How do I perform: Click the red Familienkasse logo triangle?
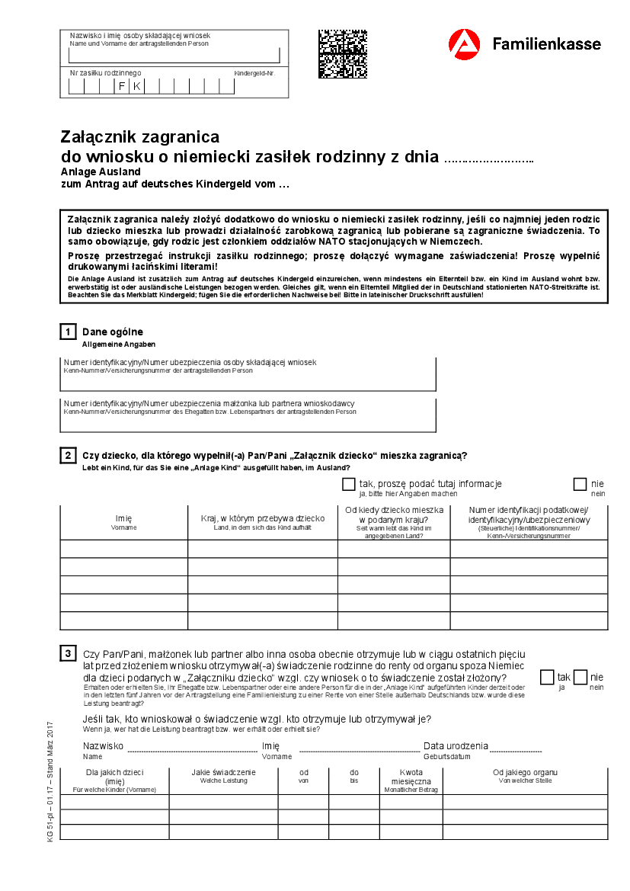pyautogui.click(x=464, y=45)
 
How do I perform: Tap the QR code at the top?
pyautogui.click(x=342, y=54)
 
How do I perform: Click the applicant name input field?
pyautogui.click(x=174, y=56)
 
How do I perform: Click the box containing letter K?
pyautogui.click(x=136, y=86)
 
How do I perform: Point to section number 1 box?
pyautogui.click(x=68, y=332)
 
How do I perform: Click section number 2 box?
pyautogui.click(x=68, y=456)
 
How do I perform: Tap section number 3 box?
pyautogui.click(x=68, y=653)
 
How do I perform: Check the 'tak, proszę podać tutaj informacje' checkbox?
pyautogui.click(x=349, y=484)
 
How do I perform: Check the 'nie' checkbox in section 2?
pyautogui.click(x=580, y=484)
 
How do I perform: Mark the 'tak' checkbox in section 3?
pyautogui.click(x=547, y=677)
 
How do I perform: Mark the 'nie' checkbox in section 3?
pyautogui.click(x=580, y=677)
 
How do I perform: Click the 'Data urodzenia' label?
pyautogui.click(x=456, y=746)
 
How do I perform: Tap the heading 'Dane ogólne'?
pyautogui.click(x=112, y=332)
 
